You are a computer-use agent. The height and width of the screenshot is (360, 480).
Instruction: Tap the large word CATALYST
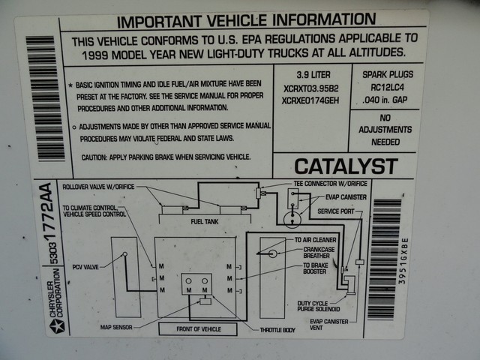345,166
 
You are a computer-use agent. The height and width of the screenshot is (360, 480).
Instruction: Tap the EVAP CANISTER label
346,198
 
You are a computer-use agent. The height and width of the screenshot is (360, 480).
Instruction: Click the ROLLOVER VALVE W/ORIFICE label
98,187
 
